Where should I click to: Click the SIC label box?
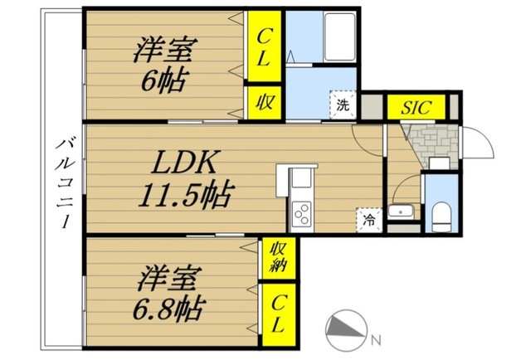pyautogui.click(x=417, y=108)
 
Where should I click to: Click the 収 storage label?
pyautogui.click(x=264, y=104)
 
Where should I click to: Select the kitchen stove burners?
pyautogui.click(x=300, y=213)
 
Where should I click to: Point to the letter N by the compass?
pyautogui.click(x=376, y=339)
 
